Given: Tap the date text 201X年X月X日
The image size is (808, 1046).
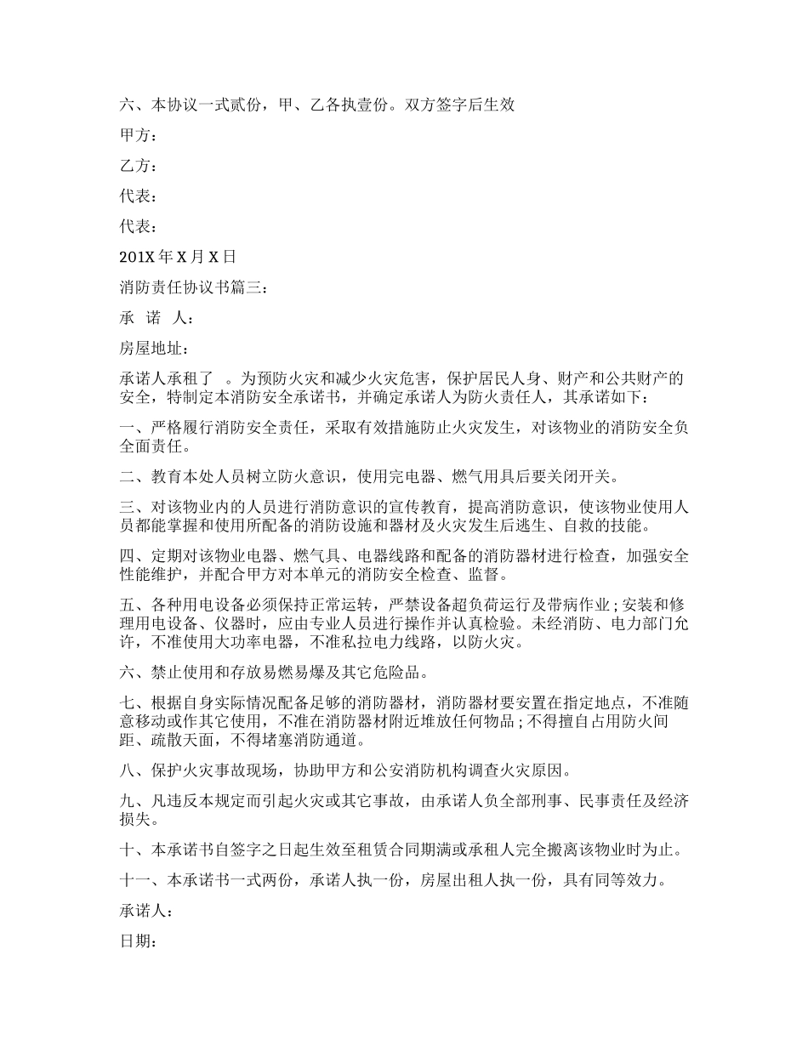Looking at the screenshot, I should tap(178, 257).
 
